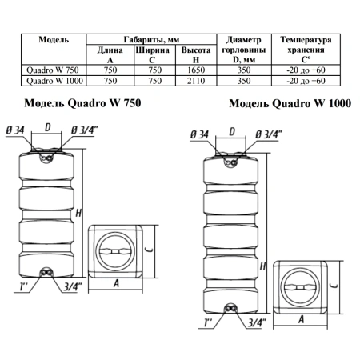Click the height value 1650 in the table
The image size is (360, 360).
pos(196,70)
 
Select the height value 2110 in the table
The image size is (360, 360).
pos(196,81)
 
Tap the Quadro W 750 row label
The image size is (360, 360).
pos(53,70)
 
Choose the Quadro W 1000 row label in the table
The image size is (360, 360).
pos(54,81)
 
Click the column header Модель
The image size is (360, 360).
pos(54,40)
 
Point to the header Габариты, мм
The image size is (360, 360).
pos(151,40)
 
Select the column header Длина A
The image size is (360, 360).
pos(110,55)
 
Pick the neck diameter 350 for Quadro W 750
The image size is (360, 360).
pos(244,70)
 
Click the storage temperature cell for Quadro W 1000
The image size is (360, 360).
pos(306,81)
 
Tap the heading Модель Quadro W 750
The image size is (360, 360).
pos(82,103)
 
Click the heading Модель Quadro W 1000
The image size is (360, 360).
pos(290,103)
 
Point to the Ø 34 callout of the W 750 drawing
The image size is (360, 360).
pos(15,130)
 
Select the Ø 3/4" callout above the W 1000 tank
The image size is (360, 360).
pos(268,135)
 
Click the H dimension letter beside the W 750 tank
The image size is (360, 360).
pos(78,213)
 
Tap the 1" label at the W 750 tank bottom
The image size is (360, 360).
pos(23,287)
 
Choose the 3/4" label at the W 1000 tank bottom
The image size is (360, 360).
pos(257,322)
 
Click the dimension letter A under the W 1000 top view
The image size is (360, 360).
pos(301,319)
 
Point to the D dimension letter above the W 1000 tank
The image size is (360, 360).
pos(232,132)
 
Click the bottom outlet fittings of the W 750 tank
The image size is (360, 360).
pos(46,273)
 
